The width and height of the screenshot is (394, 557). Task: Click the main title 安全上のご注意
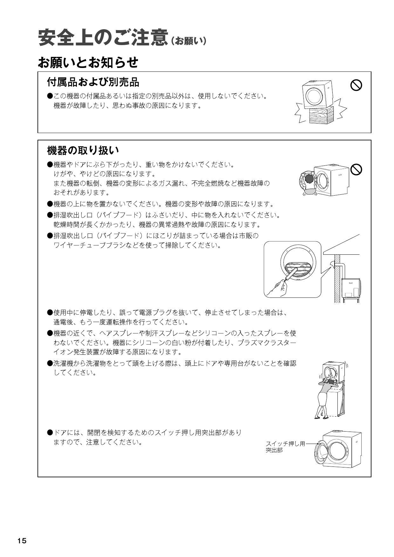click(102, 38)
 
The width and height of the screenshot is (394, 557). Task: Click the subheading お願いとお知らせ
click(88, 62)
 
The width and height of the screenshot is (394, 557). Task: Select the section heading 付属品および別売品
click(93, 82)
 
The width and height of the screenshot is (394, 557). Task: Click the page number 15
click(22, 541)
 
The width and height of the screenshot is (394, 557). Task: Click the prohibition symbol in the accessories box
click(356, 85)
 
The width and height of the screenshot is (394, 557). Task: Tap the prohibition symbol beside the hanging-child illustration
click(356, 170)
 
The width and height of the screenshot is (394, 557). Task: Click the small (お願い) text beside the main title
click(189, 41)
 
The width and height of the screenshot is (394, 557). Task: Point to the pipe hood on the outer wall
click(333, 263)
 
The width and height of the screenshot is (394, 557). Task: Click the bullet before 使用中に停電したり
click(50, 312)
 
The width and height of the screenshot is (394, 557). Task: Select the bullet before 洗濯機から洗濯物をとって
click(50, 363)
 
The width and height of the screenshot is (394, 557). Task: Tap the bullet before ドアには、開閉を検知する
click(50, 433)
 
